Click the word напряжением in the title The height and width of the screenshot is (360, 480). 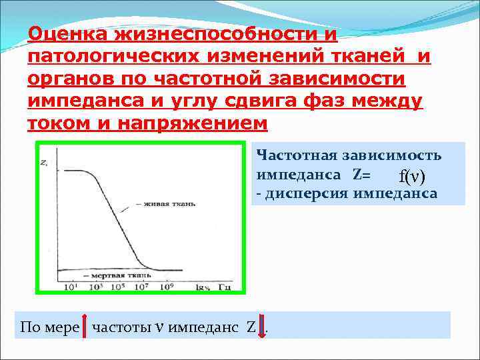tap(192, 124)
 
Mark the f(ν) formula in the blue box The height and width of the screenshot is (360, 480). tap(412, 177)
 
